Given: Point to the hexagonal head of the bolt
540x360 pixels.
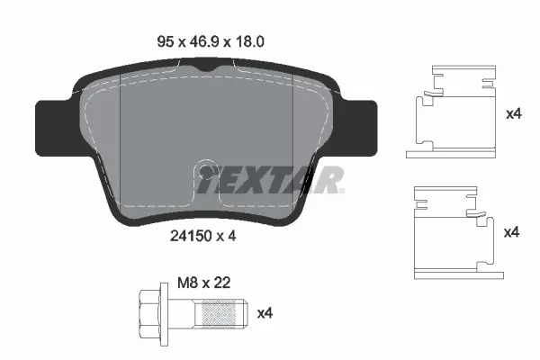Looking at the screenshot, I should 151,313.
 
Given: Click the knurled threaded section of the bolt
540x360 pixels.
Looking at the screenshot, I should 221,314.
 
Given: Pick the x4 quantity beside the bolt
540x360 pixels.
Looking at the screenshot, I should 265,313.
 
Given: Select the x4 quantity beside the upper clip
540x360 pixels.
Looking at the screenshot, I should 513,114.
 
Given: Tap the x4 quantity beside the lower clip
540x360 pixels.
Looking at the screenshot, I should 511,232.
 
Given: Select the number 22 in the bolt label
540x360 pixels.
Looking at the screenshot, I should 223,282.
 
